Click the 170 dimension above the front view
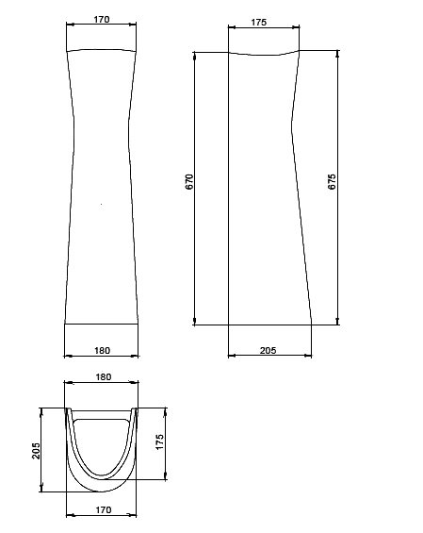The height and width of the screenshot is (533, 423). [102, 20]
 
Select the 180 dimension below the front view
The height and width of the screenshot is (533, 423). [102, 350]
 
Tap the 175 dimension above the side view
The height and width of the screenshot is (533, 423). [259, 22]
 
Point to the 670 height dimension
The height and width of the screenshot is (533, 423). [189, 182]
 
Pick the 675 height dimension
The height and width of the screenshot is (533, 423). [332, 182]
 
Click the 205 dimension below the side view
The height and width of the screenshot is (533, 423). [268, 350]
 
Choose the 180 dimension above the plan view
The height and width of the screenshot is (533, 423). [104, 377]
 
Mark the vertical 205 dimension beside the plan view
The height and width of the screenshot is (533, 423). [36, 451]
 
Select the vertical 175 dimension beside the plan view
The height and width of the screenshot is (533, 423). [159, 441]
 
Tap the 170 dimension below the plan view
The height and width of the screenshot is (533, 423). [104, 509]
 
